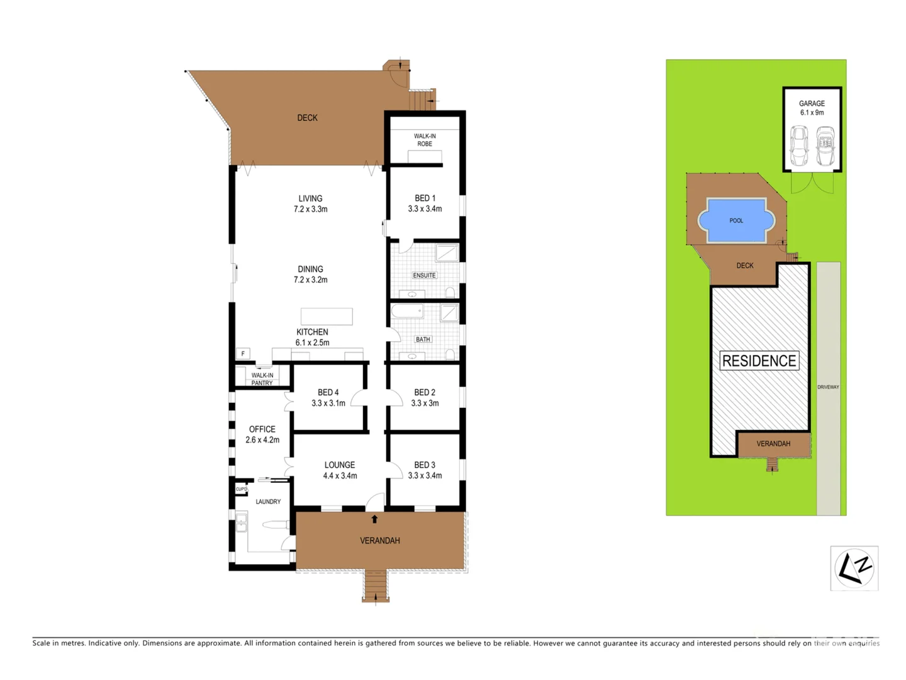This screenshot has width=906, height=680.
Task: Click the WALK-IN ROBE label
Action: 425,140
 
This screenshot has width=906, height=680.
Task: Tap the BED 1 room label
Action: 425,203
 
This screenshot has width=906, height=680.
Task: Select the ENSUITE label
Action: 424,275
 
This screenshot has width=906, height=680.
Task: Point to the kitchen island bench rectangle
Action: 326,316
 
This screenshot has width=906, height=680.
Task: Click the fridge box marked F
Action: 243,354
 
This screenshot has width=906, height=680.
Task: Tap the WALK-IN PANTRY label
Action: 262,379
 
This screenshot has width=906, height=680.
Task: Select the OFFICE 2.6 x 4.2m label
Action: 262,434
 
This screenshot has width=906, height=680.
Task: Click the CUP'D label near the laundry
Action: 241,489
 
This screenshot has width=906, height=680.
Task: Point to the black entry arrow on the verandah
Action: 374,519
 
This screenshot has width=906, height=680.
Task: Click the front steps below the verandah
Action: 376,586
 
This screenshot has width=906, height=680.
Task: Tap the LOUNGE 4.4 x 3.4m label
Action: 340,470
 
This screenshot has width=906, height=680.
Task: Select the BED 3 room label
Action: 425,470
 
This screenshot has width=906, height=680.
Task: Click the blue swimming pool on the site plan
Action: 736,220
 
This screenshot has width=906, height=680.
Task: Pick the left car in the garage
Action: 799,145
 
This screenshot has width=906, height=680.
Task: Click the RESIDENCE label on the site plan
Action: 759,361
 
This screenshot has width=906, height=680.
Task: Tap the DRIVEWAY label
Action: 828,387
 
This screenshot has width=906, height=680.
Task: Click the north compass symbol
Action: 854,568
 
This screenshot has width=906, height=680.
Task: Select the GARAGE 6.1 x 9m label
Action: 812,108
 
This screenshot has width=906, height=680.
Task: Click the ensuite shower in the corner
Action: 447,252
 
